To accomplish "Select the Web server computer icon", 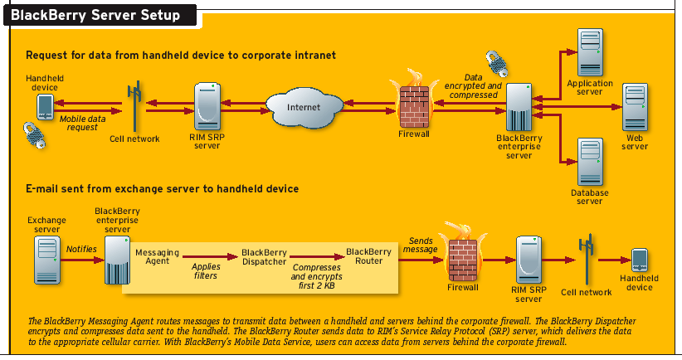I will [635, 106].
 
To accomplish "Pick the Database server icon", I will [590, 162].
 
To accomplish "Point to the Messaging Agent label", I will [152, 255].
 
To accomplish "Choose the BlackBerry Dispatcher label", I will [264, 255].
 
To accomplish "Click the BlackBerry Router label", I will [368, 255].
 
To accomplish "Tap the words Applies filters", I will [205, 271].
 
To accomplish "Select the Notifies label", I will [81, 249].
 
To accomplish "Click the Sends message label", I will [418, 243].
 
